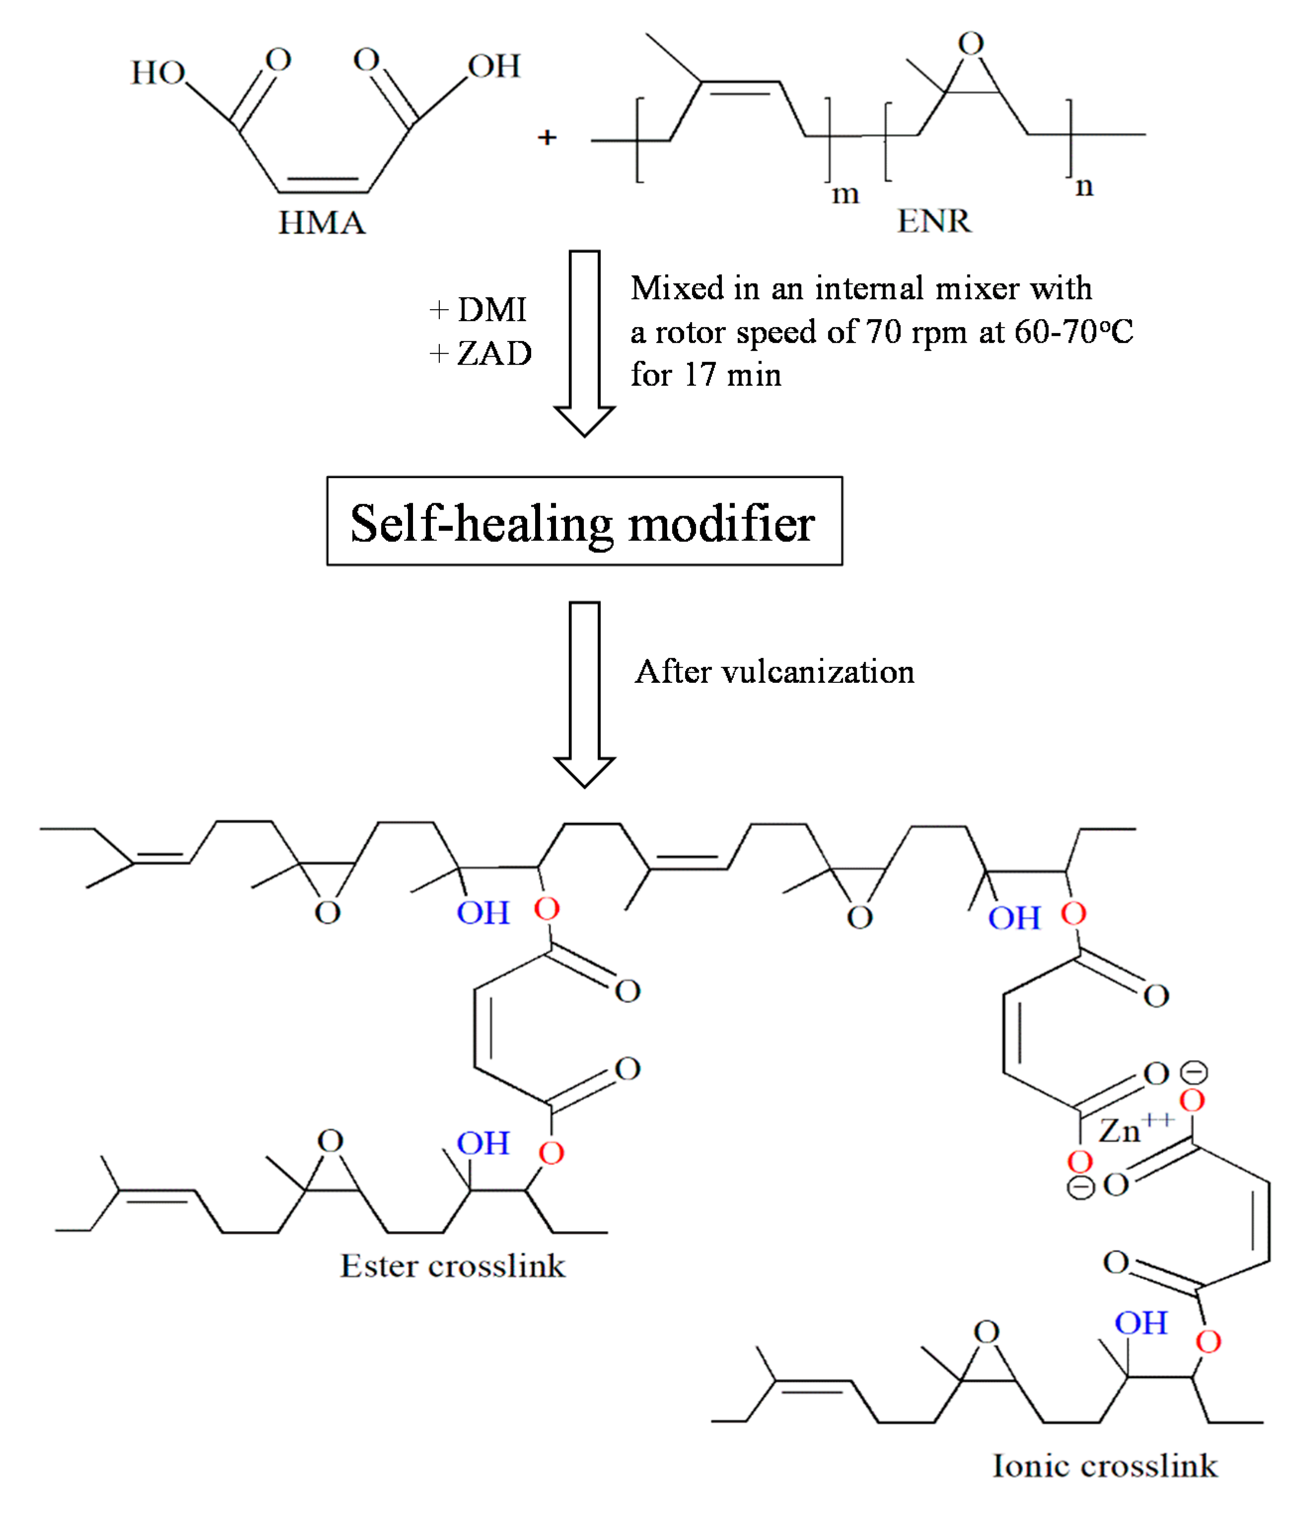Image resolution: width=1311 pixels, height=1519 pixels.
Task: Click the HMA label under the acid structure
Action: click(321, 222)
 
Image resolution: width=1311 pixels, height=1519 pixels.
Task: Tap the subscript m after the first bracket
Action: click(845, 194)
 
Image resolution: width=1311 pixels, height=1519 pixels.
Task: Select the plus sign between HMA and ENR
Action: click(546, 137)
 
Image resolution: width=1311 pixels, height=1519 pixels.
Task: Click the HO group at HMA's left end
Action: click(158, 72)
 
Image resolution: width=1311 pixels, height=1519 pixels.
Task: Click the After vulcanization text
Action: click(774, 671)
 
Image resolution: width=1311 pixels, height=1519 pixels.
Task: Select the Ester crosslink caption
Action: click(452, 1265)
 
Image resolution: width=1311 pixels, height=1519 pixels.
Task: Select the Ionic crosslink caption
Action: click(1104, 1465)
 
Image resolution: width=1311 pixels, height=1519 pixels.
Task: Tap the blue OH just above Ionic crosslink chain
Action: click(1140, 1322)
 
